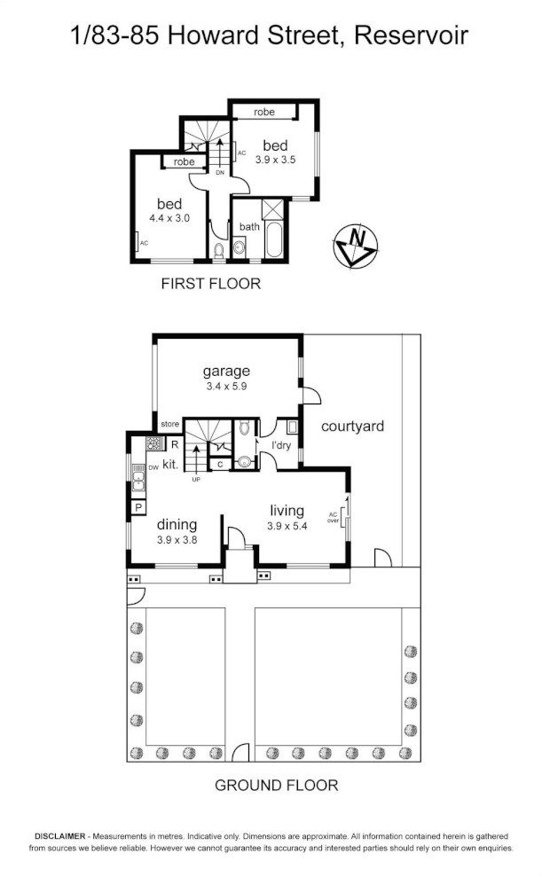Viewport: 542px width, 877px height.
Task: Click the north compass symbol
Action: pos(357,245)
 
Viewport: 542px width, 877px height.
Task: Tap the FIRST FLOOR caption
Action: pos(210,284)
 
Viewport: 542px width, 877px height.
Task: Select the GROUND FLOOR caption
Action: pos(277,785)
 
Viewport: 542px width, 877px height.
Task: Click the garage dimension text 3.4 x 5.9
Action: pos(226,387)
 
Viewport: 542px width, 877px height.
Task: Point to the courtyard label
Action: pos(352,427)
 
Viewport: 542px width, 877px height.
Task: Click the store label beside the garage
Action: pos(169,424)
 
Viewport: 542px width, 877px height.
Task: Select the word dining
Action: pos(176,524)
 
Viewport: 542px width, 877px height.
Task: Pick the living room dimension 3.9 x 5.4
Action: pos(287,526)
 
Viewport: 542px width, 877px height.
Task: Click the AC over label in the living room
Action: pos(334,517)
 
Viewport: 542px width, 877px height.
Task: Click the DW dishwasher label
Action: pos(153,466)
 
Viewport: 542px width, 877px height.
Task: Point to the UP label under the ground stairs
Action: pos(196,480)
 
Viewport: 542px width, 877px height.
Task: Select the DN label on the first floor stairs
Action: pos(219,174)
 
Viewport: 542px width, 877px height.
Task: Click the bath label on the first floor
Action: pos(249,227)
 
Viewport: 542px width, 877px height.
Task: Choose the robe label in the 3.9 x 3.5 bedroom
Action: pos(263,113)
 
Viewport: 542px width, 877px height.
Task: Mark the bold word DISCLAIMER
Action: pos(59,836)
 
